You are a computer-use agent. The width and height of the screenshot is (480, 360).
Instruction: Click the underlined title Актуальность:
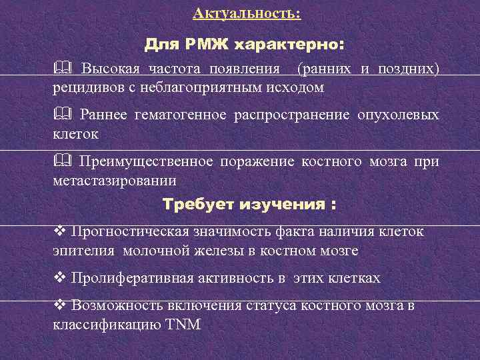point(246,13)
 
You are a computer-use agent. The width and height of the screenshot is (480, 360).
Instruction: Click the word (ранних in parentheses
point(326,69)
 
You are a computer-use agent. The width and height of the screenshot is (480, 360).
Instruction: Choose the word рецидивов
point(86,87)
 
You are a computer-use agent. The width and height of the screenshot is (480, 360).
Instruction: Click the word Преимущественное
point(145,161)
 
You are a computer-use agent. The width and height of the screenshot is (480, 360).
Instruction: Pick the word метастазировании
point(114,179)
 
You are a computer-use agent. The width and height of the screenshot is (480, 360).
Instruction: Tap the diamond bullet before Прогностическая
point(59,233)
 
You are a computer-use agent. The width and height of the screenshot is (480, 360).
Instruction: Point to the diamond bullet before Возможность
point(59,306)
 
